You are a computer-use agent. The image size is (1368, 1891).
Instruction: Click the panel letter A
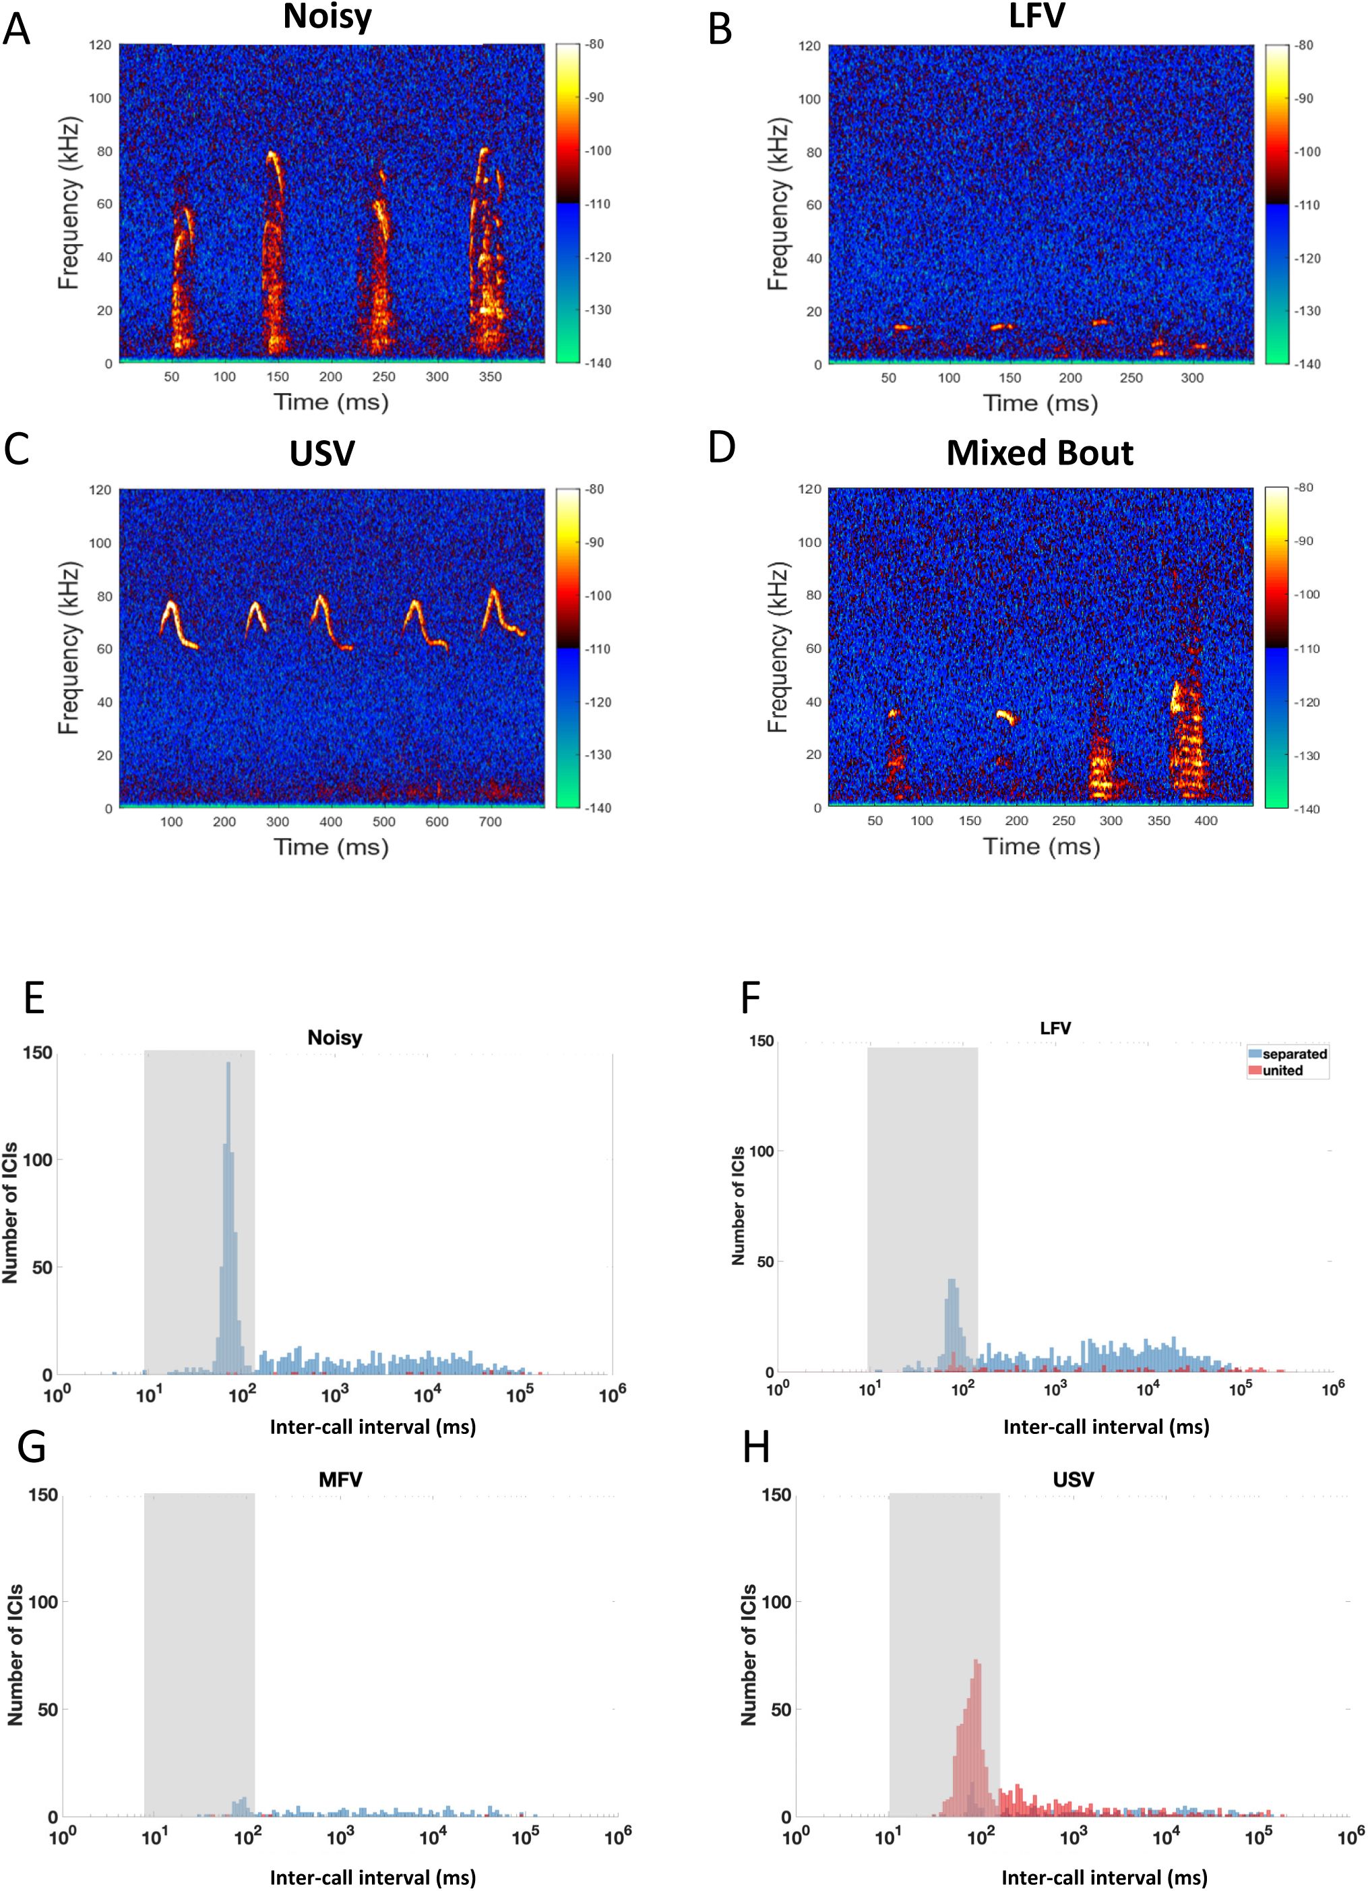click(x=17, y=30)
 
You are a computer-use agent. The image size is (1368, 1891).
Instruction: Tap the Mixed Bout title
click(x=1040, y=453)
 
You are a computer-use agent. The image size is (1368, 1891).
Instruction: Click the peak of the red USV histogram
click(x=976, y=1661)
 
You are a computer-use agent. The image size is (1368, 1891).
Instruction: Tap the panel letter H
click(x=756, y=1448)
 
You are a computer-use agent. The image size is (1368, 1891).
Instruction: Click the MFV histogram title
click(x=340, y=1479)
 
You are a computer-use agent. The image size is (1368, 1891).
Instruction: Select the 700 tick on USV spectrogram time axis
click(x=490, y=822)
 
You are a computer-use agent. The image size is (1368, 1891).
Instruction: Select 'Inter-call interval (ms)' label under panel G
click(x=373, y=1877)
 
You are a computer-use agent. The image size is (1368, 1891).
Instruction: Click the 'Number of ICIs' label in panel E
click(x=10, y=1213)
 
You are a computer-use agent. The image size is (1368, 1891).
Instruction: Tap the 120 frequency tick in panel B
click(x=809, y=46)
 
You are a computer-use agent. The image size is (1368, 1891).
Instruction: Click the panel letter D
click(x=722, y=447)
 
